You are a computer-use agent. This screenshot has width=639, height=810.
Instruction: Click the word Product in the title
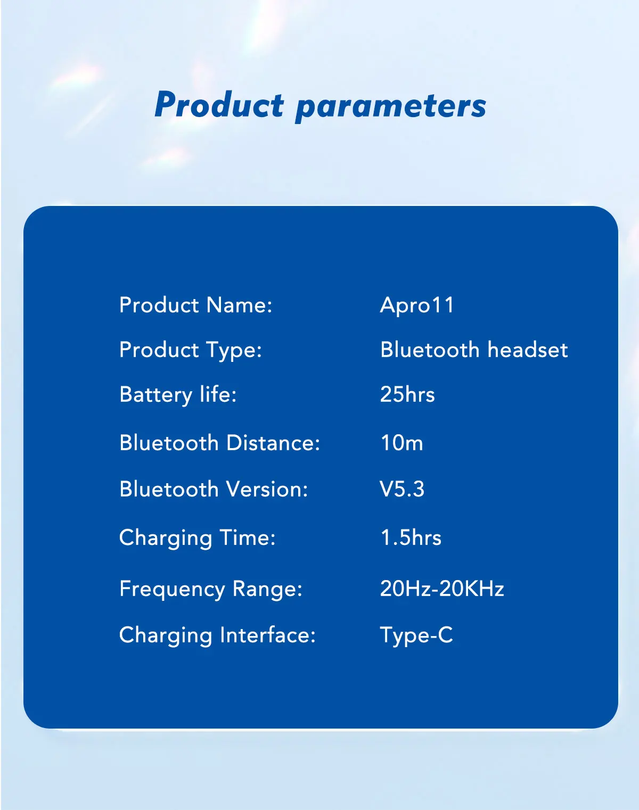click(219, 105)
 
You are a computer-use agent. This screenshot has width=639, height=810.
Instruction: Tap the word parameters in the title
click(391, 107)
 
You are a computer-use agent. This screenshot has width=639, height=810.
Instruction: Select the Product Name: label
click(195, 305)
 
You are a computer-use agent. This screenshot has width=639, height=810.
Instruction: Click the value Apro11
click(417, 305)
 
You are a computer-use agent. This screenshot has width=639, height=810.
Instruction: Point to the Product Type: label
click(191, 350)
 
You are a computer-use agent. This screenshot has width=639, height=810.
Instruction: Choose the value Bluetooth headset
click(474, 350)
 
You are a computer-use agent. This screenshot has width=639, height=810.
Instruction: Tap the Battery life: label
click(178, 395)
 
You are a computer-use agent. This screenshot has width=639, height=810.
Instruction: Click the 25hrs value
click(407, 395)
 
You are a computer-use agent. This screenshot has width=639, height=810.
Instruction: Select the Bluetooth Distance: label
click(219, 443)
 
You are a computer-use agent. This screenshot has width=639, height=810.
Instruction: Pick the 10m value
click(402, 443)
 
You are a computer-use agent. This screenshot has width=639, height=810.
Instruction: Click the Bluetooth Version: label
click(214, 489)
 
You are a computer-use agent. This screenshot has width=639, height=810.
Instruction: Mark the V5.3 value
click(402, 489)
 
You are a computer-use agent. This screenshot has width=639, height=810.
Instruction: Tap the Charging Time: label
click(198, 538)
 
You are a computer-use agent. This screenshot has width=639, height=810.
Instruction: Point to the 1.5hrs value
click(411, 538)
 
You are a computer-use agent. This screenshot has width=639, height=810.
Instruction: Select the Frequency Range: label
click(211, 590)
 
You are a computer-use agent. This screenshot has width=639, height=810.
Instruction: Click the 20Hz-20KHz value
click(441, 589)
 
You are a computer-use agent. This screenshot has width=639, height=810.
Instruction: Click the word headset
click(528, 350)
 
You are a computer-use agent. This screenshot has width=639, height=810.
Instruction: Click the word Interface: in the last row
click(268, 635)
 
